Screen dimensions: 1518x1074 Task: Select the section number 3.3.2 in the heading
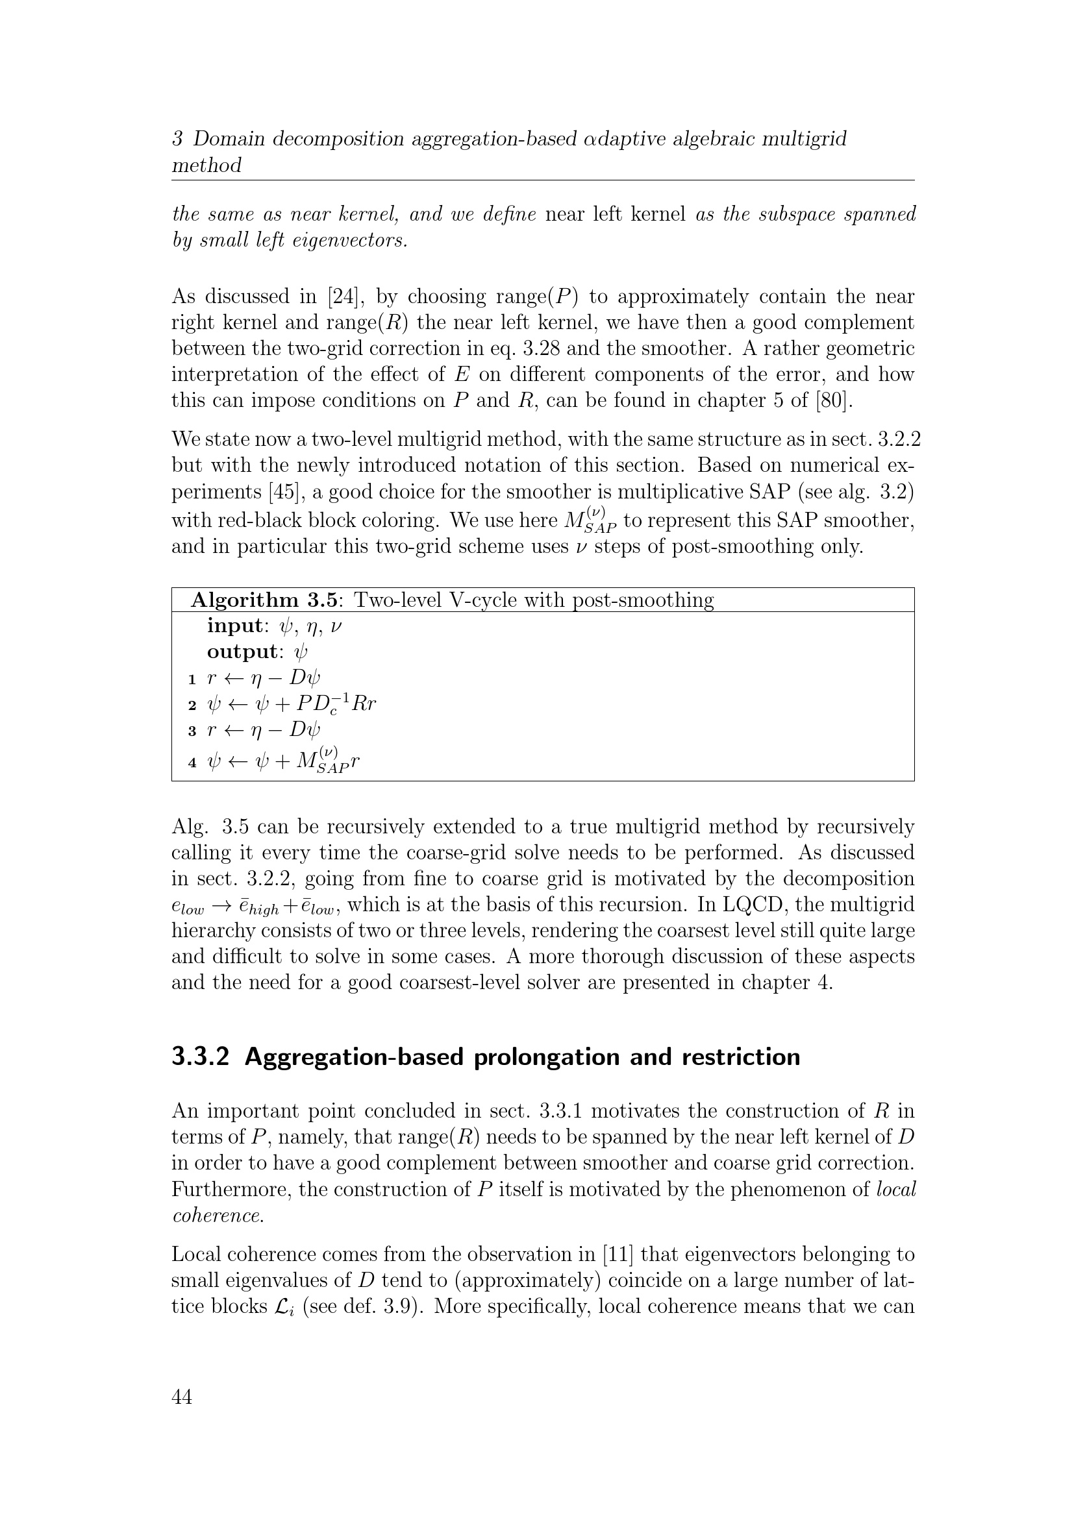201,1057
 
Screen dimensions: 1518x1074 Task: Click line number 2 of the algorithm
192,705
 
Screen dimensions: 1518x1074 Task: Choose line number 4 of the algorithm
192,763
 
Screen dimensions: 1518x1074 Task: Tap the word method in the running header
206,165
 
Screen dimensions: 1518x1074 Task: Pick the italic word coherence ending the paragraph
217,1216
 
